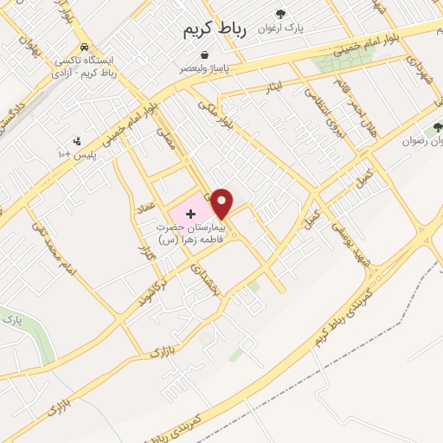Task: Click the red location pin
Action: pos(222,202)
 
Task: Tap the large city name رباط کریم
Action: pos(215,29)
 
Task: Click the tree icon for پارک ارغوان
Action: pos(279,13)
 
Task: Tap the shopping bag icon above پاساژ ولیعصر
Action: pos(204,55)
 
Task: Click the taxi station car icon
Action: pos(83,48)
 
